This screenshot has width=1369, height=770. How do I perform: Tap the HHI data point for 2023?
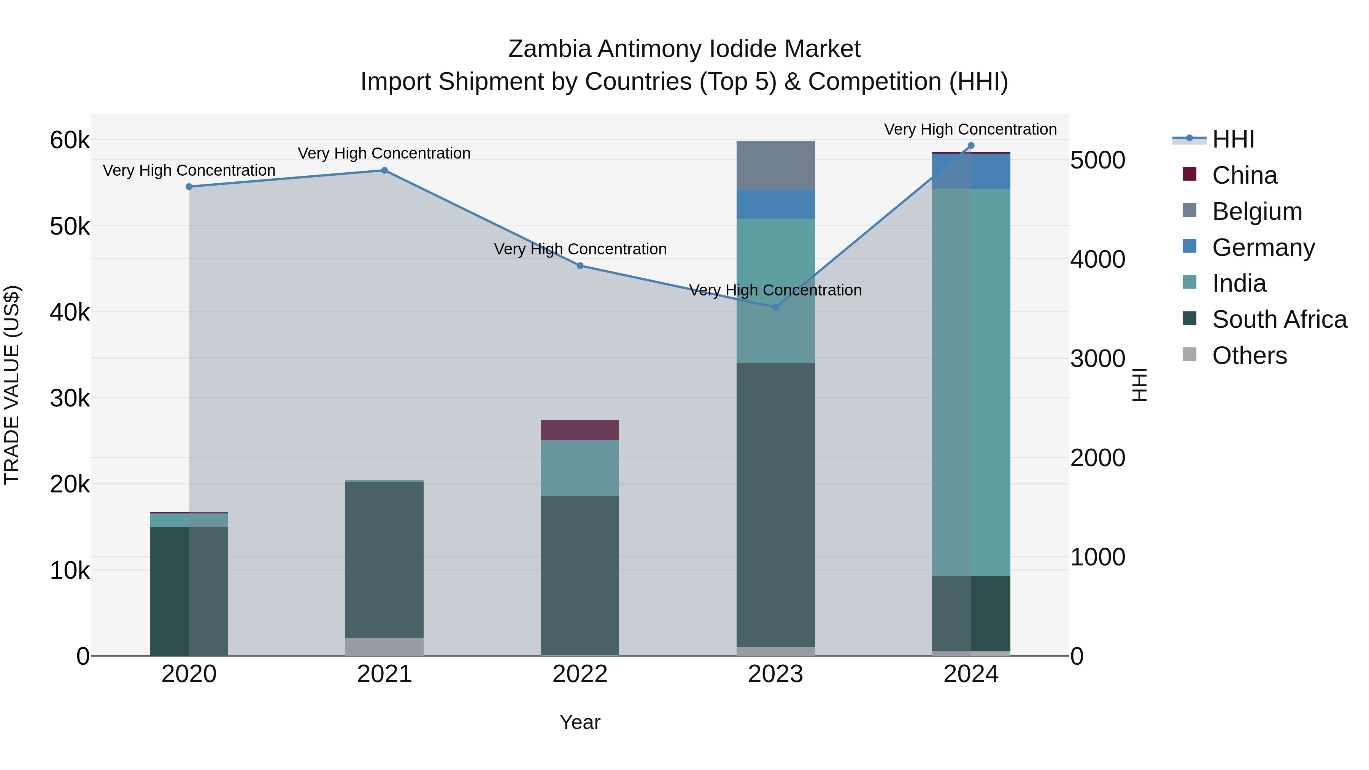(x=775, y=307)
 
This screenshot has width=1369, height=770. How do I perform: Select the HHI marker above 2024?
(x=971, y=146)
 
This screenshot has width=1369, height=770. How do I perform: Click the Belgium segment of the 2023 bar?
(x=775, y=165)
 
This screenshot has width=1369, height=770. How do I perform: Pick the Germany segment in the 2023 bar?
(x=775, y=204)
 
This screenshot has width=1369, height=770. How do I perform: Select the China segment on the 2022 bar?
(x=580, y=430)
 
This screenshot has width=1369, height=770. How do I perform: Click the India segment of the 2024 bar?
(x=971, y=382)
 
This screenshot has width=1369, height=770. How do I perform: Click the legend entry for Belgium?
(x=1257, y=211)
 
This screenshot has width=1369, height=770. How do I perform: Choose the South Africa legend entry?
(x=1279, y=319)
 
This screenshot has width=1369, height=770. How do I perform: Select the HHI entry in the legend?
(x=1233, y=139)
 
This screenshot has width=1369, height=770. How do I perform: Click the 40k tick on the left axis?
(x=70, y=313)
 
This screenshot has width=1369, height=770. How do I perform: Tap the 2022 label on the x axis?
(x=580, y=674)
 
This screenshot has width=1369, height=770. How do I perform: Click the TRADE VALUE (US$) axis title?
(x=12, y=385)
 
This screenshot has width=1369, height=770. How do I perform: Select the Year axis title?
(x=580, y=722)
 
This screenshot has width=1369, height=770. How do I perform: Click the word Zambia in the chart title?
(x=549, y=49)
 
